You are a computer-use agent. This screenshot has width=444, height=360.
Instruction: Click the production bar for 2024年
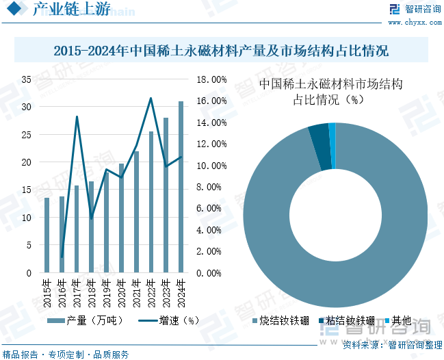pos(181,187)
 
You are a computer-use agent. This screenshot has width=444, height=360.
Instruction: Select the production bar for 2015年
pos(47,235)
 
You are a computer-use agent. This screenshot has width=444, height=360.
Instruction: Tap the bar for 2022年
pos(151,202)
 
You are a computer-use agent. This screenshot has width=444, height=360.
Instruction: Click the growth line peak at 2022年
pos(151,98)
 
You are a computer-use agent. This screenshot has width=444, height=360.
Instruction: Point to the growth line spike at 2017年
pos(77,116)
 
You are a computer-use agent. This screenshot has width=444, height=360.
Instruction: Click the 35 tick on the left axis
pos(26,79)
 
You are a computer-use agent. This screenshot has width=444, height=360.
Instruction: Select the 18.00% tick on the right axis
pos(211,79)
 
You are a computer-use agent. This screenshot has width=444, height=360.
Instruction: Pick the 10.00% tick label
pos(211,166)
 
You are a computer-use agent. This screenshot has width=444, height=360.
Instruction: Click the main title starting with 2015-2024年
pos(222,51)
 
